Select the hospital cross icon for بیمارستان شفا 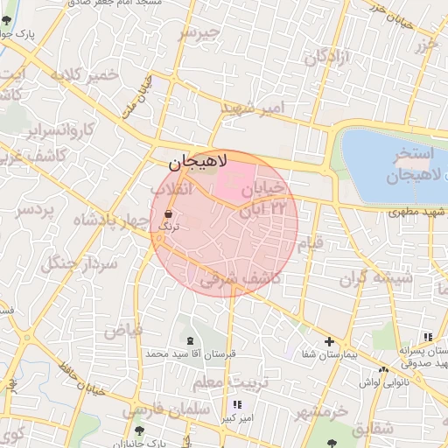(329, 341)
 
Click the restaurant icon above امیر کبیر (236, 404)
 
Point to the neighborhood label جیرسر (198, 33)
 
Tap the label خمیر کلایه (85, 76)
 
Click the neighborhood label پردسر (35, 211)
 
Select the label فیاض (122, 330)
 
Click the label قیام (311, 242)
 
